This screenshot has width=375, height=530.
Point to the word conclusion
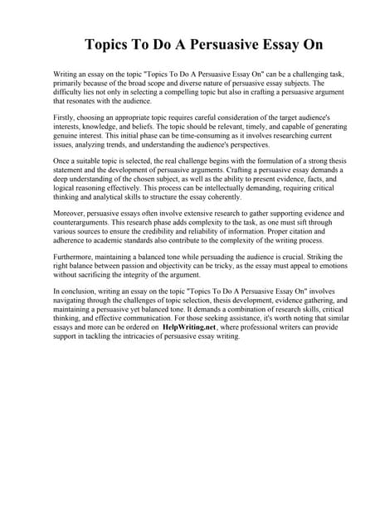pos(79,293)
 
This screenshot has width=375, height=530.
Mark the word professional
pos(259,329)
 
